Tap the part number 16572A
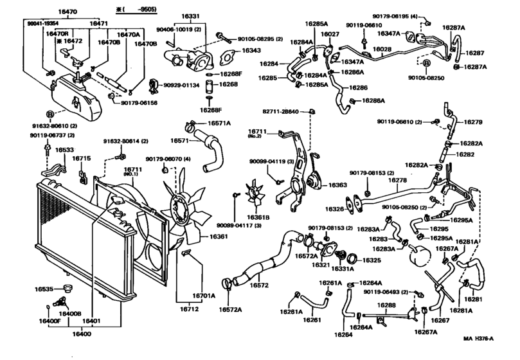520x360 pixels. tap(229, 309)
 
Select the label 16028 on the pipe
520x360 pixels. tap(382, 48)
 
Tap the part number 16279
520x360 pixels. tap(472, 122)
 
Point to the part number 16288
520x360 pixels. tap(386, 305)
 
